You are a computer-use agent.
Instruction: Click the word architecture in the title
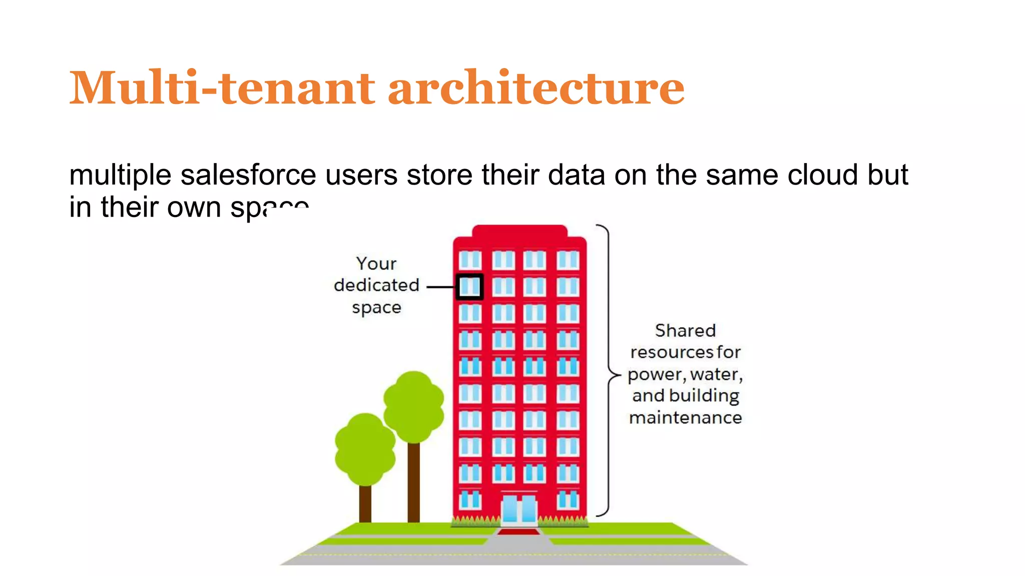click(x=536, y=88)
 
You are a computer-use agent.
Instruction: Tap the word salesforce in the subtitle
click(x=248, y=175)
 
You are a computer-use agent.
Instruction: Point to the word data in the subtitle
click(x=576, y=175)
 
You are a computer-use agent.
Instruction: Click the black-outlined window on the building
click(x=470, y=286)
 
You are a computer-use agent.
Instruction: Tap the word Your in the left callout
click(x=376, y=263)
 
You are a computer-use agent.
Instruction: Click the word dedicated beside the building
click(x=376, y=285)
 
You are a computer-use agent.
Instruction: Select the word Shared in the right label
click(x=685, y=330)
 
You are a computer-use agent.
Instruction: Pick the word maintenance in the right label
click(x=685, y=417)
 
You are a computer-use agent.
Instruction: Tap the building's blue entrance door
click(x=519, y=509)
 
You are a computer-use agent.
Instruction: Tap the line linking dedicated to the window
click(x=440, y=287)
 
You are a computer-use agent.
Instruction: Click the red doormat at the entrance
click(x=519, y=532)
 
